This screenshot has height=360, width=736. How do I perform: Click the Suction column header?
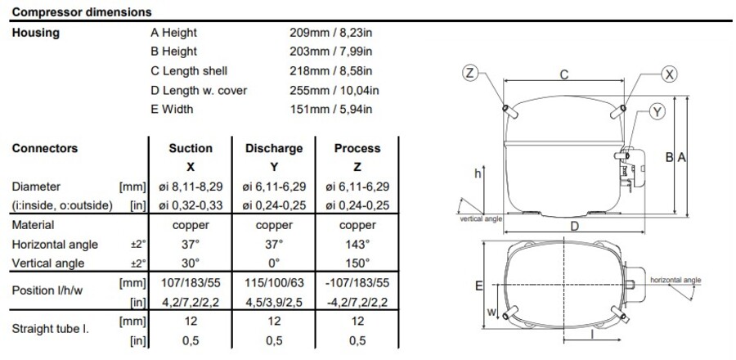pos(190,148)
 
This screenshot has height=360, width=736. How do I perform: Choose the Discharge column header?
pos(274,148)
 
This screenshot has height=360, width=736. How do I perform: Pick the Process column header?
pos(357,148)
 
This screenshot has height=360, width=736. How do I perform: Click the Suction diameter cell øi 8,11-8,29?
pos(190,187)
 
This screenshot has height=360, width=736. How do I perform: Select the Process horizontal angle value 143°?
pos(357,244)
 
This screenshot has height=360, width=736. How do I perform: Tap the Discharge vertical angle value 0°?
pos(274,263)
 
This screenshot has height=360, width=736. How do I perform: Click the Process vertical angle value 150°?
pos(357,263)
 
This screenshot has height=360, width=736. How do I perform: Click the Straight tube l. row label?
pos(51,330)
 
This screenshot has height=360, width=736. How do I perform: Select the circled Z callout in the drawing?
pos(469,74)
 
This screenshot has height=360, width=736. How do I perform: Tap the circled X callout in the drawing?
pos(670,74)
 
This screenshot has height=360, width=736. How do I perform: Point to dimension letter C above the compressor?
pos(563,74)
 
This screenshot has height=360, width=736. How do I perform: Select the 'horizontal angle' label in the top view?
pos(675,280)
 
